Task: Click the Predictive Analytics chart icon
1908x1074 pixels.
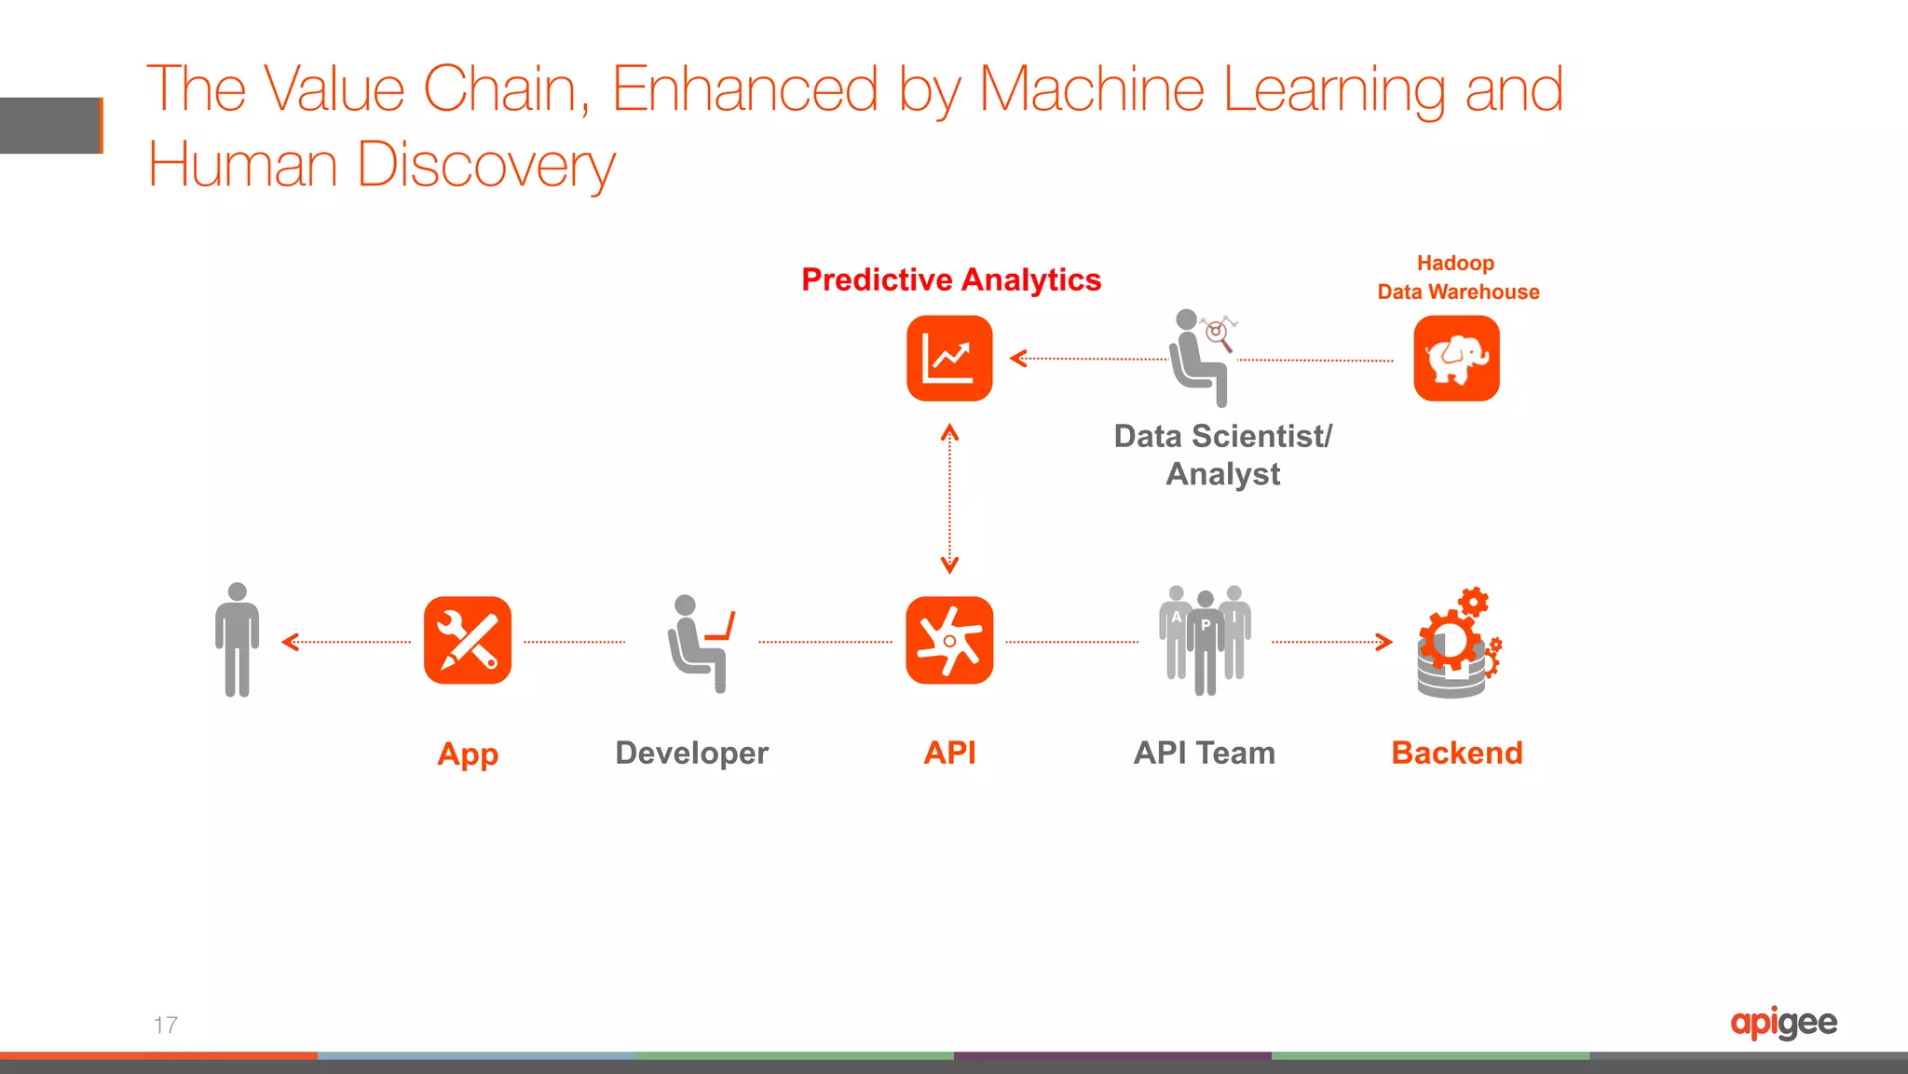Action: pyautogui.click(x=949, y=359)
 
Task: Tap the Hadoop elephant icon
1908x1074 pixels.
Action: pyautogui.click(x=1456, y=359)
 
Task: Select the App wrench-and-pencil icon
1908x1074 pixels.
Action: pyautogui.click(x=468, y=641)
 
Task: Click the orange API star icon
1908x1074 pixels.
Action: pyautogui.click(x=949, y=641)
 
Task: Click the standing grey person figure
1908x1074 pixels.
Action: pyautogui.click(x=238, y=641)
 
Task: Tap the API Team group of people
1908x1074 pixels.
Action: pyautogui.click(x=1205, y=641)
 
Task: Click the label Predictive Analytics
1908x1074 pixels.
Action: pyautogui.click(x=951, y=279)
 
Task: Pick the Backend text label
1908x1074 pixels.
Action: pyautogui.click(x=1456, y=753)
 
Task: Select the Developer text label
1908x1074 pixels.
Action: pyautogui.click(x=691, y=753)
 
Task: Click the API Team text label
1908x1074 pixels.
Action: pyautogui.click(x=1204, y=753)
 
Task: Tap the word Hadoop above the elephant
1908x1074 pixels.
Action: pyautogui.click(x=1455, y=264)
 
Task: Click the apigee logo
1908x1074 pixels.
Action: pyautogui.click(x=1783, y=1023)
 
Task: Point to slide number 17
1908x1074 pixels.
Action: pyautogui.click(x=166, y=1026)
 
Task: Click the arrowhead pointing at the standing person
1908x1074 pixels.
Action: pyautogui.click(x=290, y=642)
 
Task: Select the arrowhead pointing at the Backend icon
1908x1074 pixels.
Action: pyautogui.click(x=1384, y=642)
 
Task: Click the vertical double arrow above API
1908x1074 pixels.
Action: pyautogui.click(x=949, y=498)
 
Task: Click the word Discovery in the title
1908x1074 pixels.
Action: pyautogui.click(x=485, y=166)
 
